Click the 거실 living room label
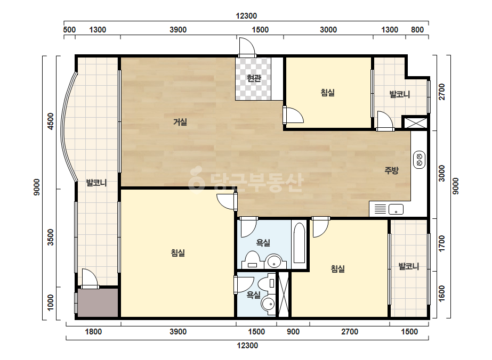tap(180, 121)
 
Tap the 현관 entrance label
tap(254, 78)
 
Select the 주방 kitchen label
tap(391, 170)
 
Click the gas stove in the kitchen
tap(419, 160)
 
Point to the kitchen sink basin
tap(396, 209)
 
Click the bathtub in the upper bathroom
tap(300, 243)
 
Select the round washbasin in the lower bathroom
tap(269, 304)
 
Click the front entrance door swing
tap(247, 46)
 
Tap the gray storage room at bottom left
tap(98, 303)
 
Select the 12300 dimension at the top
tap(246, 15)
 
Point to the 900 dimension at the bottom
tap(293, 332)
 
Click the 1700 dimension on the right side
tap(442, 243)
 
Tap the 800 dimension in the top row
tap(417, 30)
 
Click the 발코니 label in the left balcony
tap(96, 183)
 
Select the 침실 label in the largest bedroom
tap(178, 253)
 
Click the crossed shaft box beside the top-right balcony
tap(415, 122)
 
